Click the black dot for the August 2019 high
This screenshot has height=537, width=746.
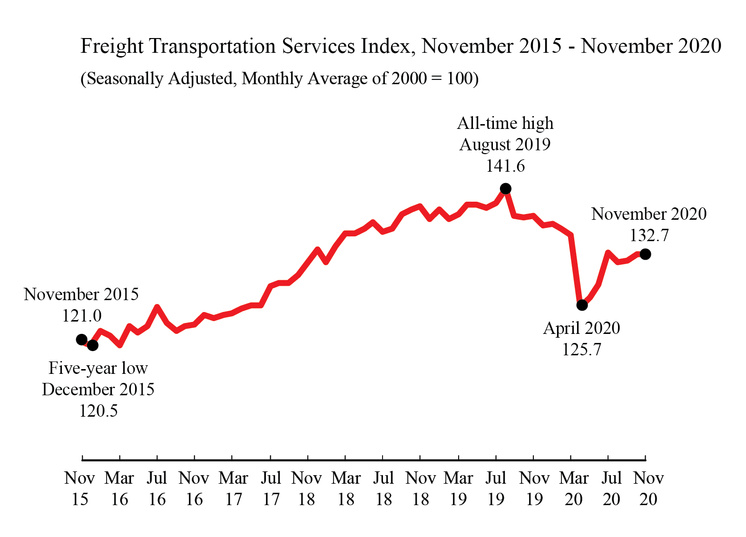(506, 189)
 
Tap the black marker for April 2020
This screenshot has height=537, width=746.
(582, 305)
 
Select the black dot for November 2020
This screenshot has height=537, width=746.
(645, 254)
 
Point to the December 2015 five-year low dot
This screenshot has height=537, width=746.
(93, 345)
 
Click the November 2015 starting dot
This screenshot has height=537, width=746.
(82, 339)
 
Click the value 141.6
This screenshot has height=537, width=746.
(505, 166)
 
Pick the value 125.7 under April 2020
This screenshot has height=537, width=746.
(581, 350)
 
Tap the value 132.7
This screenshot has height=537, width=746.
(649, 235)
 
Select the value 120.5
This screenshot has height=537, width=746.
(98, 410)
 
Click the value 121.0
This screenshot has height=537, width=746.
(82, 316)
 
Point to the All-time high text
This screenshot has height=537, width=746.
(505, 123)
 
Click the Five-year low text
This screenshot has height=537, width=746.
(98, 368)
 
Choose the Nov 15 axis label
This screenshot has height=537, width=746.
(80, 488)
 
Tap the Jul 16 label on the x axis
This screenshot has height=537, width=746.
(157, 488)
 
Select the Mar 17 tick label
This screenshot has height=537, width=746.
(233, 488)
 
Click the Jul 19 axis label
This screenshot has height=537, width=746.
(496, 488)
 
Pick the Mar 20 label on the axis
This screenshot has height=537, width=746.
(574, 488)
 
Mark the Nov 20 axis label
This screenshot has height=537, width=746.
(648, 488)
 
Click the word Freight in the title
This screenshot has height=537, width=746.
(112, 46)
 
